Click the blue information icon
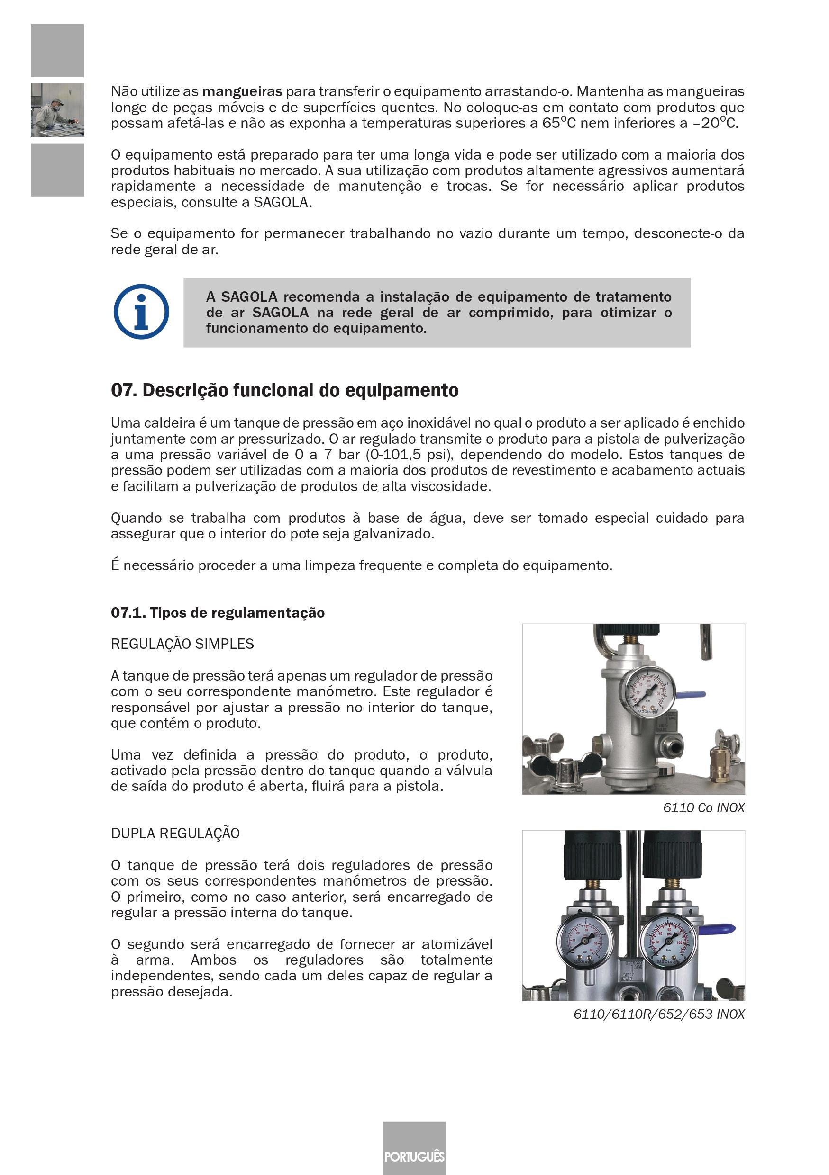(141, 311)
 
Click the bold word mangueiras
(242, 91)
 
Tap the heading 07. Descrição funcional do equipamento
(285, 390)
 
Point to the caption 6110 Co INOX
(703, 807)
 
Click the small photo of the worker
(57, 110)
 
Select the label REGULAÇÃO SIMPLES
(182, 644)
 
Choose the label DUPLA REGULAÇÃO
(175, 833)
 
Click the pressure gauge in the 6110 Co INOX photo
(648, 694)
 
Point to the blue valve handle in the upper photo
(691, 695)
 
